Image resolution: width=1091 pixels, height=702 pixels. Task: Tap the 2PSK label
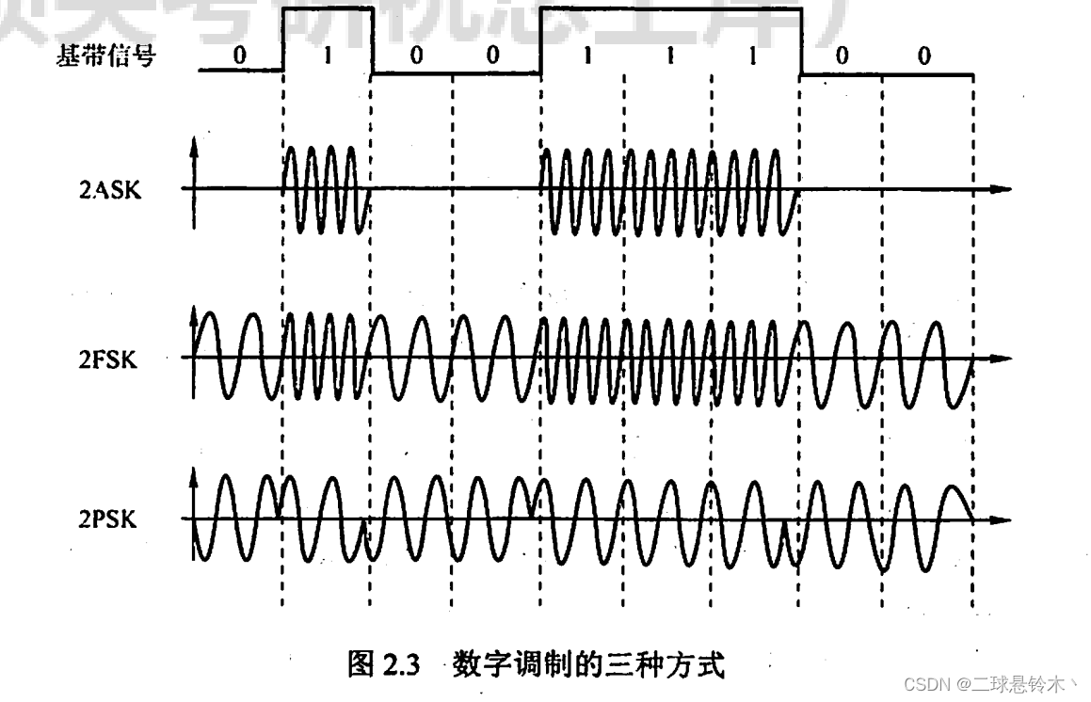click(x=108, y=519)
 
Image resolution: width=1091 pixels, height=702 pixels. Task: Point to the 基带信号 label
click(x=106, y=56)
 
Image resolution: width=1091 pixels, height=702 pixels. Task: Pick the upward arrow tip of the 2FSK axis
click(x=193, y=311)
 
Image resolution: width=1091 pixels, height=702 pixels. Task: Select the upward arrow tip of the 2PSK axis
click(x=193, y=472)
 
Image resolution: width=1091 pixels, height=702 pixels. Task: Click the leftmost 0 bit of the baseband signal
click(x=239, y=56)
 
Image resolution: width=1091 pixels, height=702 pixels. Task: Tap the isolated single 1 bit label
click(x=327, y=56)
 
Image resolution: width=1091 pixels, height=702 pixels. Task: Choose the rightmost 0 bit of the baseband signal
click(x=924, y=56)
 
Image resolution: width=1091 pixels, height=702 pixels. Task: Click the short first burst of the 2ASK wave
click(x=326, y=188)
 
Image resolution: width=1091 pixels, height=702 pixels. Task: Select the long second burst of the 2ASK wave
click(x=668, y=188)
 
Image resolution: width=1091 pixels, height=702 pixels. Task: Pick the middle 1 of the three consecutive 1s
click(x=669, y=56)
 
